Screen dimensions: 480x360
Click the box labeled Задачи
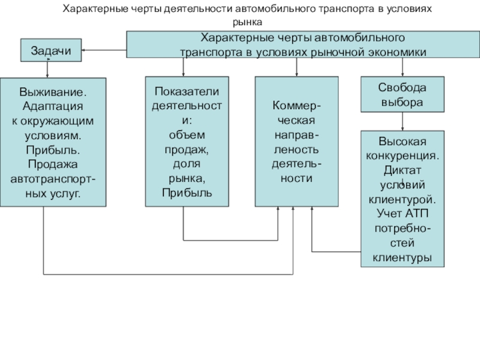coord(51,50)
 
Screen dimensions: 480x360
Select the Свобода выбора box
coord(402,95)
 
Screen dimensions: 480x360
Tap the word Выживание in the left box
coord(53,93)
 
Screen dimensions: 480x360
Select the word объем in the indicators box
coord(187,134)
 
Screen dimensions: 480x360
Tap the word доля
coord(187,163)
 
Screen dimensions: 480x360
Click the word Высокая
coord(402,142)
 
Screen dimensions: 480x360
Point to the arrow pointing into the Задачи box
coord(86,50)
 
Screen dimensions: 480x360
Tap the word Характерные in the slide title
coord(95,10)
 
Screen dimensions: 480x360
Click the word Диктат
coord(402,170)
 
